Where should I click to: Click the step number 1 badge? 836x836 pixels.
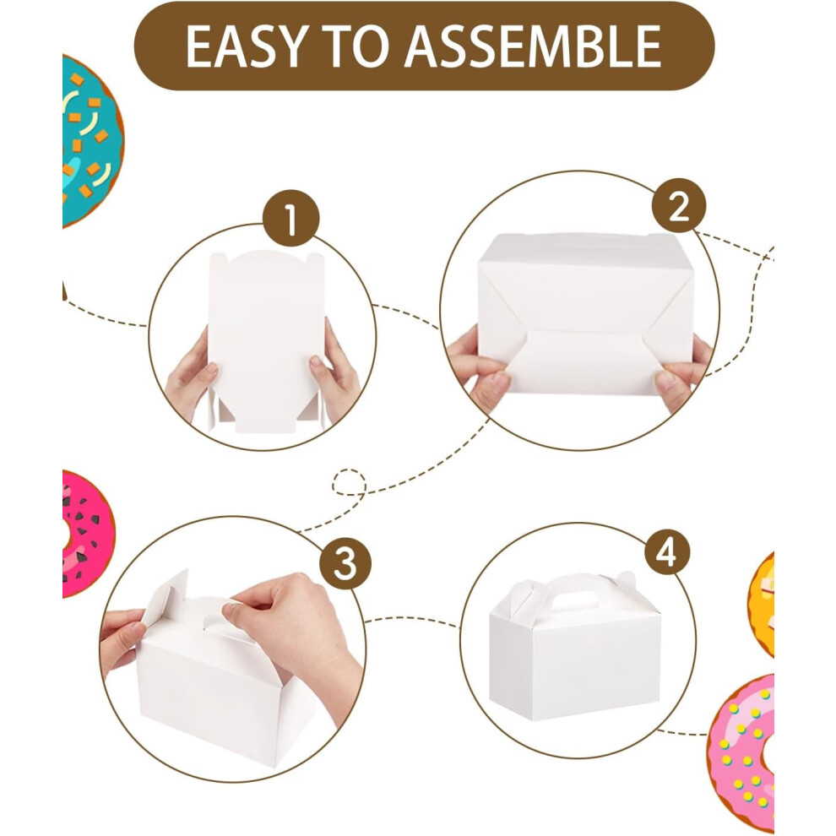click(290, 218)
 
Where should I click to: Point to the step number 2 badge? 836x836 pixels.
click(679, 206)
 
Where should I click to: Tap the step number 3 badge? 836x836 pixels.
click(345, 563)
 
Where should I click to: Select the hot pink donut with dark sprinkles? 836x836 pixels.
click(87, 534)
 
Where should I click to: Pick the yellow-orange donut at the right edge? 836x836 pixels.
click(762, 605)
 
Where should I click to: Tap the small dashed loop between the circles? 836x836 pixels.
click(349, 483)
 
